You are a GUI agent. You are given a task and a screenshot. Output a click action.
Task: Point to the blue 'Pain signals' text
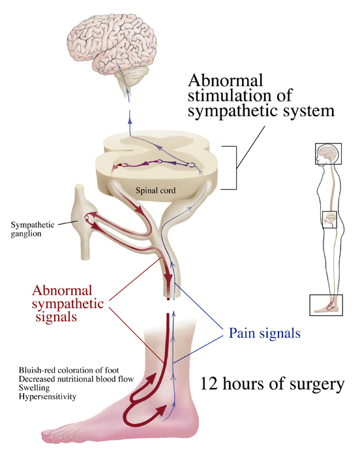pyautogui.click(x=264, y=333)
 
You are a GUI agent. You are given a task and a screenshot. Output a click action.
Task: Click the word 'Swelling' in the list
pyautogui.click(x=32, y=388)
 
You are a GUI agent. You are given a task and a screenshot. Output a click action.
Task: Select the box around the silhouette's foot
pyautogui.click(x=326, y=304)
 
